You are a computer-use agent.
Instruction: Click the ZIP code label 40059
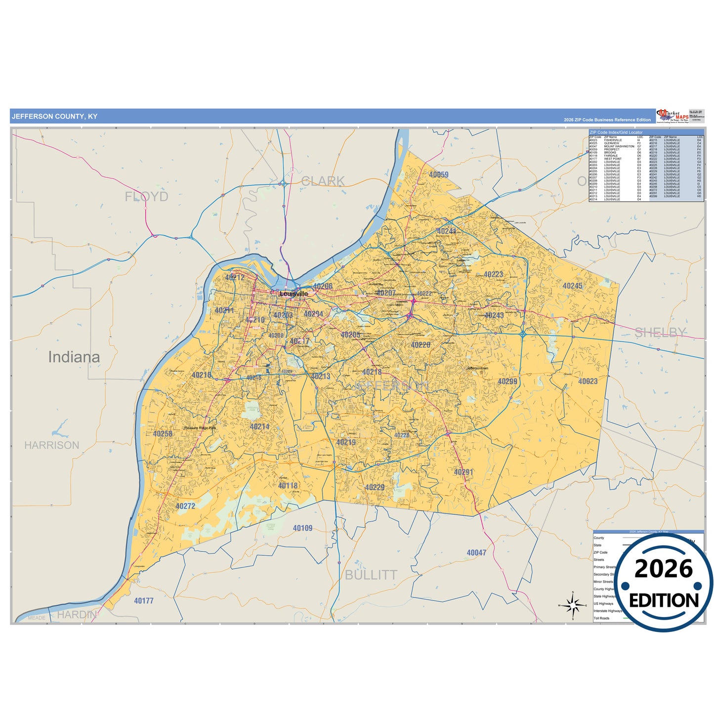(438, 174)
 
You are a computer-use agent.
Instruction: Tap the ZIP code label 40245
(572, 286)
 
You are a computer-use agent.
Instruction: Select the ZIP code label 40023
(588, 381)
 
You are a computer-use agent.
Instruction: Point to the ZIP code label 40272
(185, 506)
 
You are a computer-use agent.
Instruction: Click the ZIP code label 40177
(144, 600)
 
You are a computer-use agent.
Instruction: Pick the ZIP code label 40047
(476, 552)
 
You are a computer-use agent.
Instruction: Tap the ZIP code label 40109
(302, 528)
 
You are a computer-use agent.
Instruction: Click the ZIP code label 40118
(288, 486)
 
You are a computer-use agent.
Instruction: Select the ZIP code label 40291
(463, 472)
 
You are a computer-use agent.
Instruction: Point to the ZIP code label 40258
(163, 434)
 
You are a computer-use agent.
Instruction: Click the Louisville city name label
(294, 294)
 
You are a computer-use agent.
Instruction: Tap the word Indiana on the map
(74, 357)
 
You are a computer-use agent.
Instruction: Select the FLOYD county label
(146, 196)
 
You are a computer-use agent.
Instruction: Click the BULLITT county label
(371, 575)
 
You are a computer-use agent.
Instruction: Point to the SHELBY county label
(660, 333)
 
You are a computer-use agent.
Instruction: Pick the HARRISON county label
(51, 445)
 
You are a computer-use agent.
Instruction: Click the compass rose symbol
(572, 604)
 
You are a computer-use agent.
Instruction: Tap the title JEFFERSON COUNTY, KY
(54, 117)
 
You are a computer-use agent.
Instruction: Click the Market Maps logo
(672, 116)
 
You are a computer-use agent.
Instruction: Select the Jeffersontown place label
(477, 368)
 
